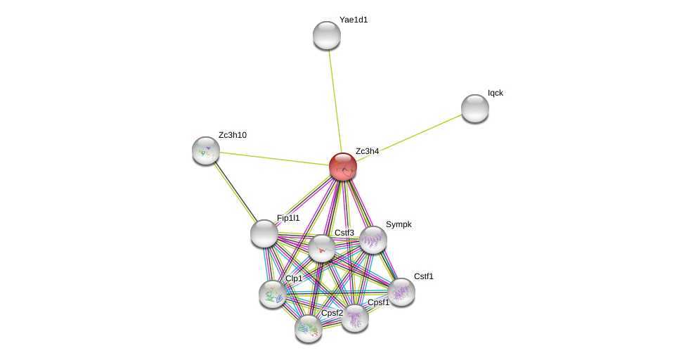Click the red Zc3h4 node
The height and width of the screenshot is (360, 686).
pyautogui.click(x=343, y=167)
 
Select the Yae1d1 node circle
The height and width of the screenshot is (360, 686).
pyautogui.click(x=327, y=35)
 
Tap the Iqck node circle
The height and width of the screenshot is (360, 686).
pyautogui.click(x=475, y=108)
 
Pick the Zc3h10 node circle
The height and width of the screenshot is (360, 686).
pyautogui.click(x=206, y=150)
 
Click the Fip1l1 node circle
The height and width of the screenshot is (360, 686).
pyautogui.click(x=264, y=233)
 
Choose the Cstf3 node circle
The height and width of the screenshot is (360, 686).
pyautogui.click(x=322, y=248)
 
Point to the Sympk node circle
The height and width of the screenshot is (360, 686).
pyautogui.click(x=373, y=240)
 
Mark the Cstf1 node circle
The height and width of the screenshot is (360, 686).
pyautogui.click(x=401, y=292)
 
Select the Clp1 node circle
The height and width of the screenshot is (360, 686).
pyautogui.click(x=273, y=294)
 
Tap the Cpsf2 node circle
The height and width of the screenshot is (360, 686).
pyautogui.click(x=309, y=328)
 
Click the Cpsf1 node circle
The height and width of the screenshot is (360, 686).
pyautogui.click(x=355, y=318)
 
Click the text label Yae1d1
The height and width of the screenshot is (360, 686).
pyautogui.click(x=354, y=20)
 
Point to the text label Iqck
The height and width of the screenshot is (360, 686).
pyautogui.click(x=496, y=93)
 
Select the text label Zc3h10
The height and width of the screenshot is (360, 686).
pyautogui.click(x=233, y=135)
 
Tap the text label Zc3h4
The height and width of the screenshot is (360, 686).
pyautogui.click(x=367, y=151)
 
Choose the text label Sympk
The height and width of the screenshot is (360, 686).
pyautogui.click(x=399, y=224)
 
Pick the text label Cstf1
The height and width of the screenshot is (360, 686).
pyautogui.click(x=423, y=276)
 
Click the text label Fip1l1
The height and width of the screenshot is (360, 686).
pyautogui.click(x=288, y=218)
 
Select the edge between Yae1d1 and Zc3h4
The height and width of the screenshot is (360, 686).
pyautogui.click(x=335, y=98)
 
